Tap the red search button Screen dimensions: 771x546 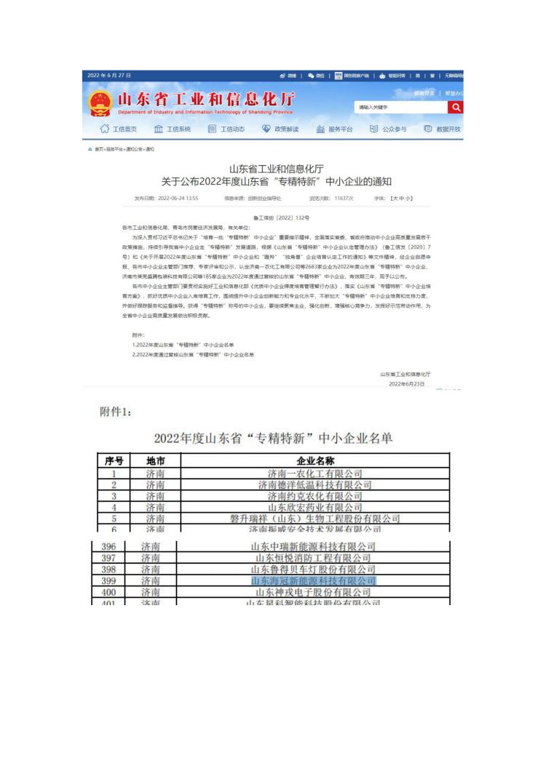coord(456,108)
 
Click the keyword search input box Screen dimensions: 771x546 coord(400,108)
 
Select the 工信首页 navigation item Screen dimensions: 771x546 coord(118,129)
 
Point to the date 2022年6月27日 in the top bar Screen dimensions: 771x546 coord(108,76)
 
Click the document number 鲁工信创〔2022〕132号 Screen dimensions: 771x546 coord(281,217)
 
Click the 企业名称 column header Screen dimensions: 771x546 coord(315,461)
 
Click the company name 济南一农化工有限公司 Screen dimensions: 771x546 coord(314,474)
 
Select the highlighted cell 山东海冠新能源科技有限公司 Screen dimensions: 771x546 coord(313,581)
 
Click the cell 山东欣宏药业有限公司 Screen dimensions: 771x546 coord(314,507)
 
